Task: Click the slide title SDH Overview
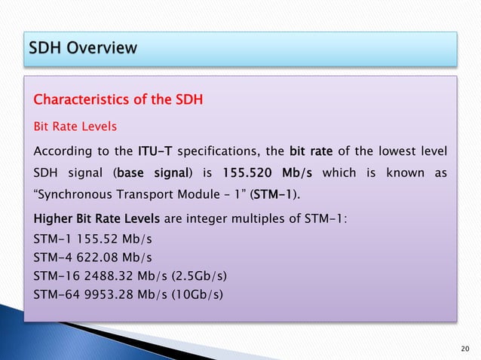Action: (84, 48)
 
